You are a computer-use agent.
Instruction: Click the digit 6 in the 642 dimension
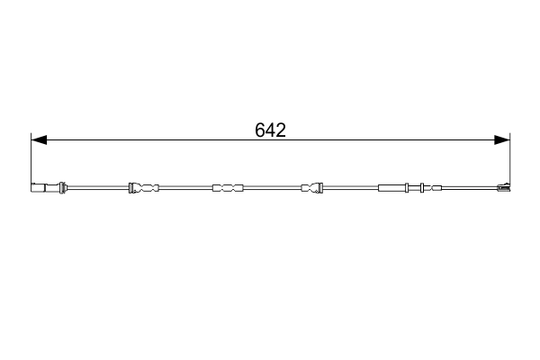[x=260, y=130]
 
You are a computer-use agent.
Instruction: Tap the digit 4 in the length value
[x=270, y=130]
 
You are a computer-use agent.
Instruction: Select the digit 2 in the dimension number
[x=281, y=130]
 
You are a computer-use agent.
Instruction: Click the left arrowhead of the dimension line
[x=39, y=139]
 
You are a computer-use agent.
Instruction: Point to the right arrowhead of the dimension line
[x=502, y=139]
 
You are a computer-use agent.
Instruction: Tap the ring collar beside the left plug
[x=62, y=188]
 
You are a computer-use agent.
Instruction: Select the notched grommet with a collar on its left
[x=144, y=188]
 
